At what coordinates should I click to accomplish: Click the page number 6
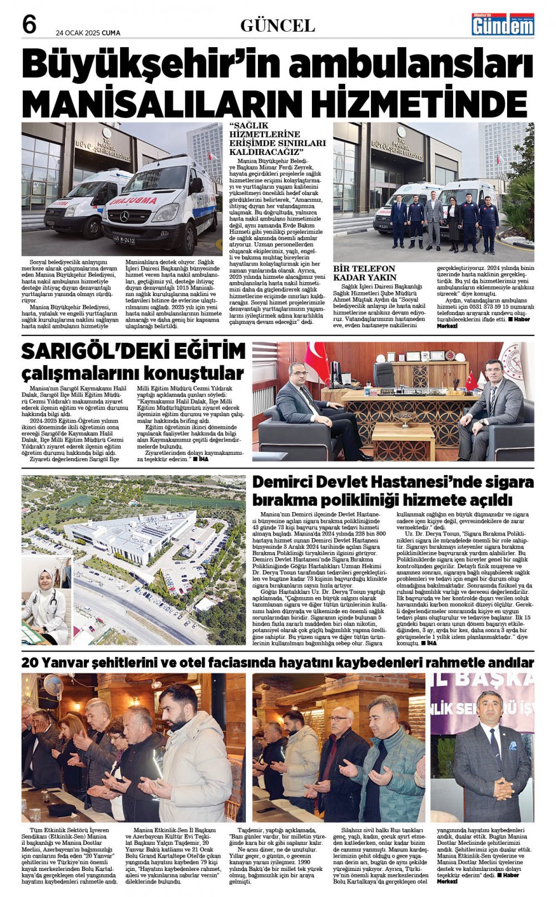point(29,25)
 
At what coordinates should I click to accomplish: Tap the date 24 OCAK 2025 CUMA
point(88,33)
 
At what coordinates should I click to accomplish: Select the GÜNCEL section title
point(277,26)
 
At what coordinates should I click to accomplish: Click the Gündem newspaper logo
point(503,24)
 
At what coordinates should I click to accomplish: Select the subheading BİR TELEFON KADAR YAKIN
point(364,273)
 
